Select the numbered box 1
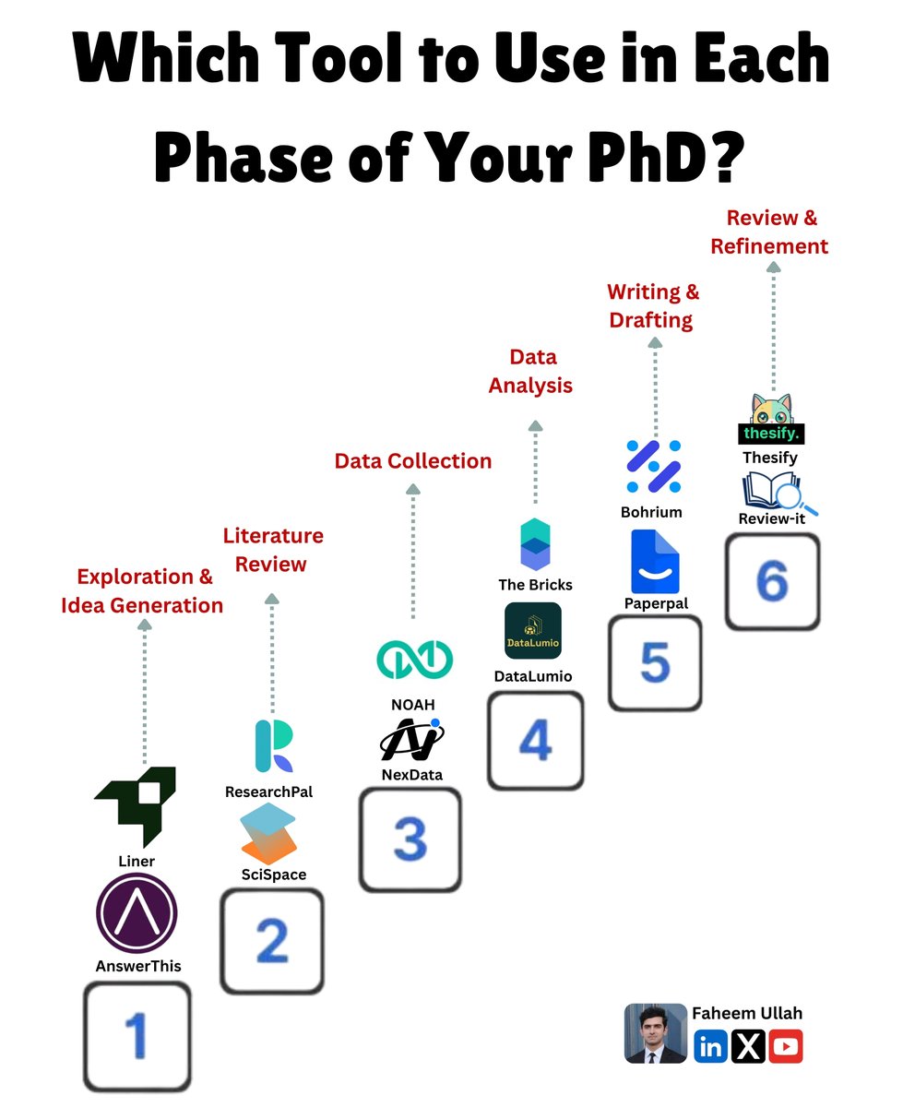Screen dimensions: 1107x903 (137, 1036)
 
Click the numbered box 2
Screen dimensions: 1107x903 (272, 941)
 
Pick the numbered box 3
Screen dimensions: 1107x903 (410, 839)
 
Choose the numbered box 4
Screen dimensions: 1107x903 (535, 741)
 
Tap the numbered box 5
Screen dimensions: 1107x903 (655, 662)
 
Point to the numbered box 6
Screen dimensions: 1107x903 (772, 582)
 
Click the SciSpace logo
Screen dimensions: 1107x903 (268, 833)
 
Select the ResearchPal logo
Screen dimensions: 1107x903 (273, 745)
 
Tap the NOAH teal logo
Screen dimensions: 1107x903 (415, 658)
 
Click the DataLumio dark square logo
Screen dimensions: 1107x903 (533, 631)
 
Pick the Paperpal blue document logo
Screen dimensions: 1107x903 (655, 561)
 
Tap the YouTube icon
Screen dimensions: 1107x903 (785, 1046)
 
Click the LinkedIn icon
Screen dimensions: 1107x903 (710, 1046)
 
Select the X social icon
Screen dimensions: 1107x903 (748, 1046)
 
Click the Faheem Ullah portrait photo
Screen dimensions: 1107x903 (656, 1033)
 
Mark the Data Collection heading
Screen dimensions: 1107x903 (413, 461)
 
